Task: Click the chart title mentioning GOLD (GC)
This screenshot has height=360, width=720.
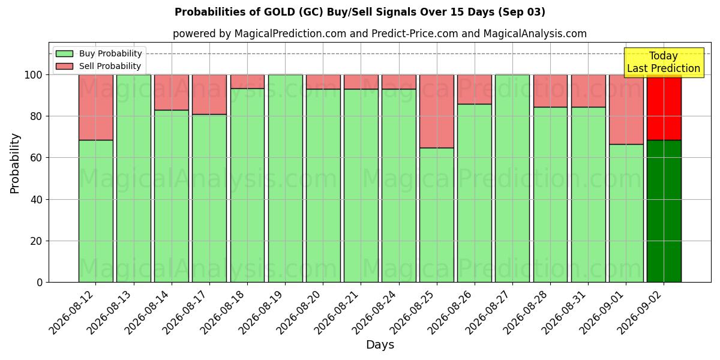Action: (359, 12)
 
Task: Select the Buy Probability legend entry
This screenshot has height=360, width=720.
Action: (98, 53)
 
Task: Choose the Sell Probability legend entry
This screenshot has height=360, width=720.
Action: (98, 66)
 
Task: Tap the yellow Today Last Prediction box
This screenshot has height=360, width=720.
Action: (664, 62)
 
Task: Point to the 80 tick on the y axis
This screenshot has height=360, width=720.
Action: (37, 116)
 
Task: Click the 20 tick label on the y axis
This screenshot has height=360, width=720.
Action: (37, 241)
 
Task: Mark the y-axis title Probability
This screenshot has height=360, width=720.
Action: (15, 164)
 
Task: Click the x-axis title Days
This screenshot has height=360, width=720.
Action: (380, 345)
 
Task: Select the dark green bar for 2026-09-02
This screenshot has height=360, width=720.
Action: (664, 211)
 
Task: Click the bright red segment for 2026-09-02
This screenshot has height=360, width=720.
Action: (664, 107)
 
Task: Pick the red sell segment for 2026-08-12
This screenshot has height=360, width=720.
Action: (96, 107)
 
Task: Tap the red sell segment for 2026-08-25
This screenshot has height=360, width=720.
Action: (437, 112)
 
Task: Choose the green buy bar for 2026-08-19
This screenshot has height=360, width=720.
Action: (286, 178)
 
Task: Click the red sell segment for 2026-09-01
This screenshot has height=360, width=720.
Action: (626, 110)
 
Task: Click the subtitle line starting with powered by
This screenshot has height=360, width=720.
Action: (380, 34)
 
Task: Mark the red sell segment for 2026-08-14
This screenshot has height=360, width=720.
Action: (172, 92)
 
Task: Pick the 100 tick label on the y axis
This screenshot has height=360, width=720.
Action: (34, 75)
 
